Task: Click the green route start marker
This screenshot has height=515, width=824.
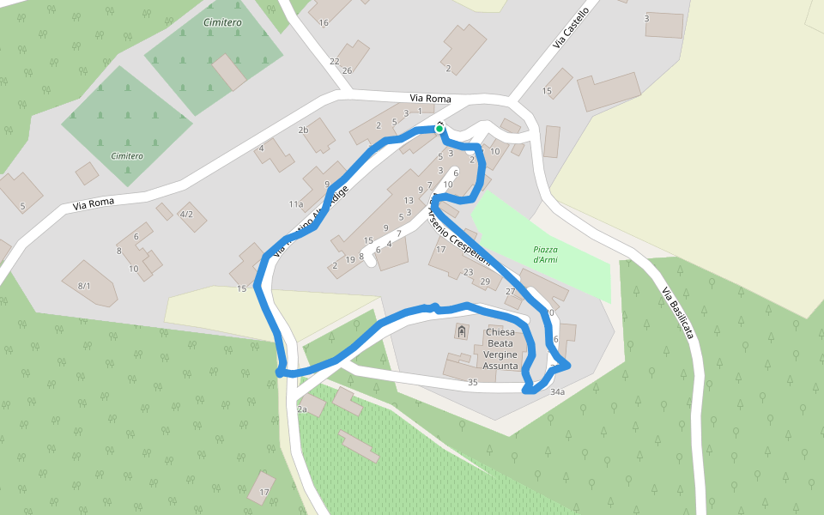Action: [x=439, y=129]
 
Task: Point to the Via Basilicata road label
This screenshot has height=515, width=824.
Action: [x=677, y=313]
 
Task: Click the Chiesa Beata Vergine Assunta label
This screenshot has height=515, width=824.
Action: [x=500, y=348]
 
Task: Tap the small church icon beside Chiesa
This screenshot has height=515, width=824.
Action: [x=462, y=332]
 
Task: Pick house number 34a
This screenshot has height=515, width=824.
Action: [x=558, y=392]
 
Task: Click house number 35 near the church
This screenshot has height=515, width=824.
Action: [x=472, y=382]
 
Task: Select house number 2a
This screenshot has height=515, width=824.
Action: [x=302, y=409]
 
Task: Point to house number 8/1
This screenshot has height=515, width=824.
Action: [x=84, y=285]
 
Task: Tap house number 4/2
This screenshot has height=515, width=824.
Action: [x=186, y=214]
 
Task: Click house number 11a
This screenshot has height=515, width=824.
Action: [x=296, y=204]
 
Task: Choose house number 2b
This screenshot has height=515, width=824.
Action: [x=302, y=130]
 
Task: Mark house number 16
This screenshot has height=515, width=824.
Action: [x=324, y=22]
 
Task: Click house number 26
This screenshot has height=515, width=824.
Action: [x=347, y=70]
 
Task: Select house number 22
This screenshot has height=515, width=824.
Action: [x=335, y=62]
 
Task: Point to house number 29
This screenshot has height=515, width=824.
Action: [x=485, y=282]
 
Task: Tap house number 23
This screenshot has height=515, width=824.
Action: [x=468, y=272]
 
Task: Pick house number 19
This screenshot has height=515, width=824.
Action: [x=350, y=259]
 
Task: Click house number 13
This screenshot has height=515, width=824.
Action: [x=409, y=200]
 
